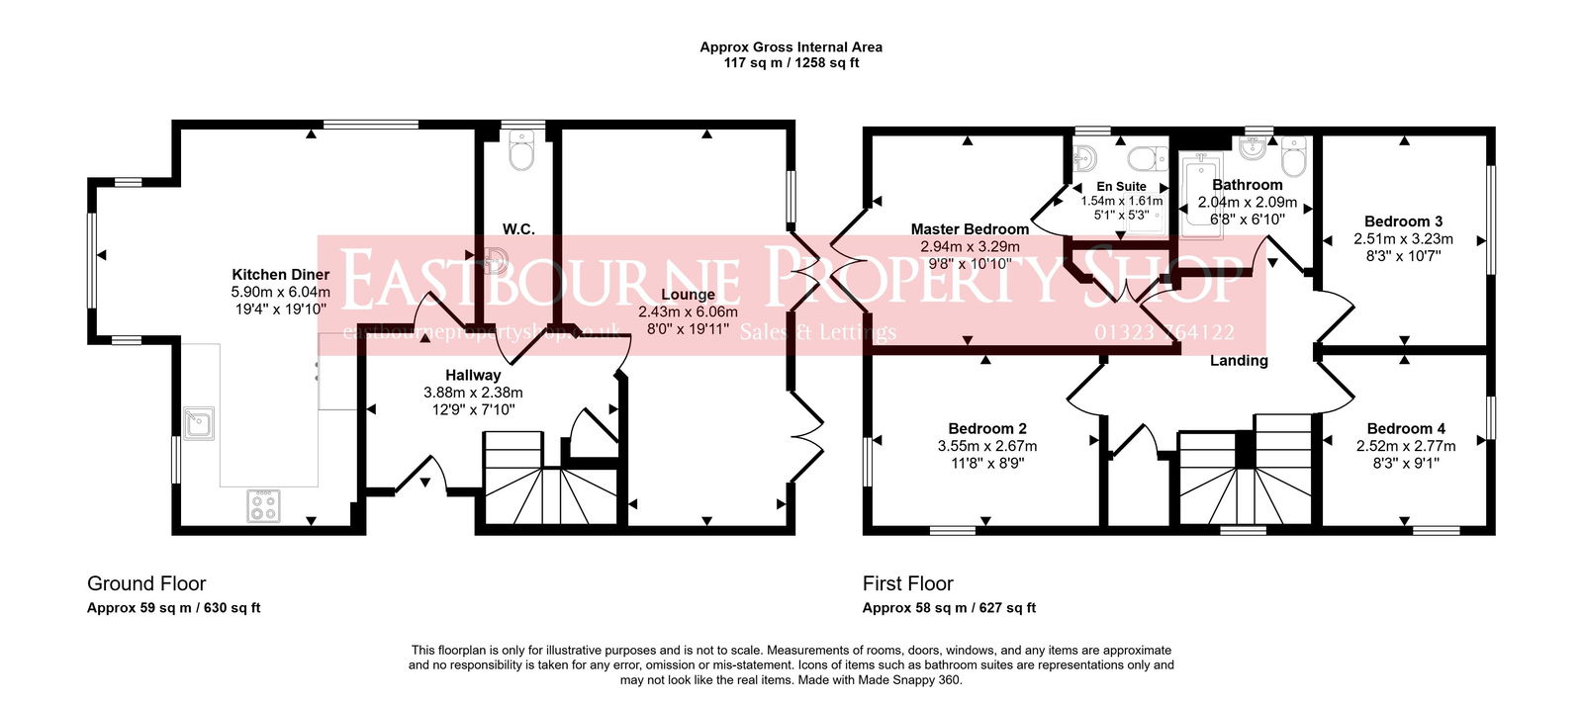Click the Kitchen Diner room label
point(280,275)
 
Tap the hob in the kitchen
point(263,506)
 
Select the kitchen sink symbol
point(198,423)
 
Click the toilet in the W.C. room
point(520,151)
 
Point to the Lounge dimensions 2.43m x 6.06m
point(688,311)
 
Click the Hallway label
point(473,375)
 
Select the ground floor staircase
point(550,480)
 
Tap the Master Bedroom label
point(970,229)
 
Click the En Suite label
point(1121,186)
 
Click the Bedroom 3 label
point(1403,221)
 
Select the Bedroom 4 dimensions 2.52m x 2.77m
point(1405,446)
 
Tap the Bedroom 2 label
point(986,428)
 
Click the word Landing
point(1239,361)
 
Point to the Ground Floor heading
point(146,583)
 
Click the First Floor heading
point(907,583)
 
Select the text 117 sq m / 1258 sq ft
point(791,63)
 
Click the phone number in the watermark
point(1164,332)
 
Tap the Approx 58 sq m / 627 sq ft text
point(948,608)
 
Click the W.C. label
point(518,229)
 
